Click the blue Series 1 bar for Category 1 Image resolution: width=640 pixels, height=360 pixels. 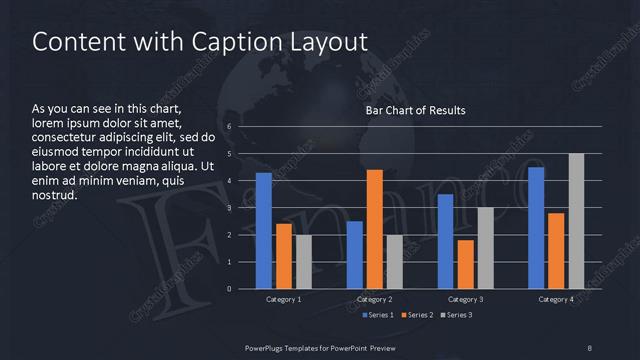tap(263, 231)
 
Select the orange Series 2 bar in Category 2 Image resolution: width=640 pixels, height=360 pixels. tap(375, 229)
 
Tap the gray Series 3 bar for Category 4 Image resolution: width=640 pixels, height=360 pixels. tap(576, 221)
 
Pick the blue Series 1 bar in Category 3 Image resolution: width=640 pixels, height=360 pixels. tap(445, 241)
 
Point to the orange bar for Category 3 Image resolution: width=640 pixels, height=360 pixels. tap(465, 264)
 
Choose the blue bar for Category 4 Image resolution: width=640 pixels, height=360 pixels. tap(536, 228)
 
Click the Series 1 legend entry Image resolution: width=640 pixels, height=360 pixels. tap(378, 316)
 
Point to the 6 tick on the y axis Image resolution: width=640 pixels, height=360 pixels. tap(229, 127)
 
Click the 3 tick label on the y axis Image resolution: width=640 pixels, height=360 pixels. tap(229, 208)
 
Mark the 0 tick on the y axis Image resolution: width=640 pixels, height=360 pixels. tap(229, 289)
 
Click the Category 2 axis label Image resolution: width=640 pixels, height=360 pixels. tap(375, 300)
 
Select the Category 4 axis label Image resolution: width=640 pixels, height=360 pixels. tap(556, 300)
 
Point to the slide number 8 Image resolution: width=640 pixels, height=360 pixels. tap(589, 347)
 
